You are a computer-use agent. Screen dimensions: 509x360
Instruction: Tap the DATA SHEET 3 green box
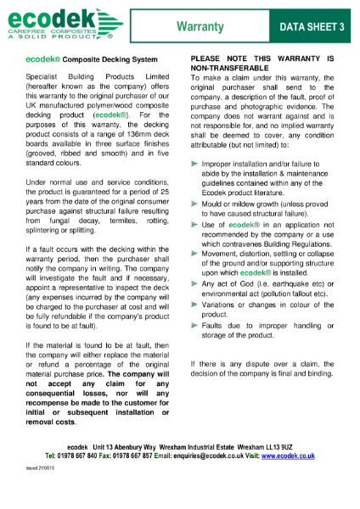pos(312,28)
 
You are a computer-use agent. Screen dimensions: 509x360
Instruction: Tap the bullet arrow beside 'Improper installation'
pos(195,161)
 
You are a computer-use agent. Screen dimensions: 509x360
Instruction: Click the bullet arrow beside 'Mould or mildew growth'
pos(195,204)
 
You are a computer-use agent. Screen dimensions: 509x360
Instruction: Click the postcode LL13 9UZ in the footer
pos(274,446)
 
